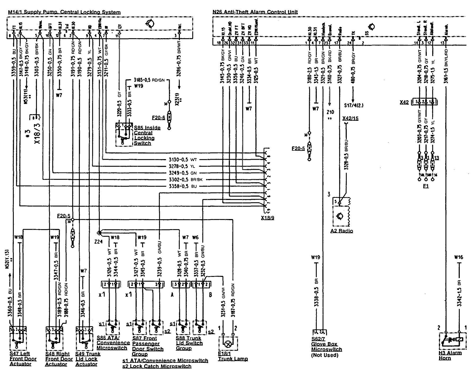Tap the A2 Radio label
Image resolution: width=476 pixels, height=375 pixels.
click(342, 231)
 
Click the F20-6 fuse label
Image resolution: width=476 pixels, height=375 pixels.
click(158, 117)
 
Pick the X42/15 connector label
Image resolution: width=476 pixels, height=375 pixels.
click(350, 118)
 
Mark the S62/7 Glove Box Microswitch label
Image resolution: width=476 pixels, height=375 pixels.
click(326, 347)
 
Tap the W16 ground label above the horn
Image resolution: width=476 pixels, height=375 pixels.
click(458, 257)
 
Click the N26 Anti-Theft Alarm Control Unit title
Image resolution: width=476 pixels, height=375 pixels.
click(255, 12)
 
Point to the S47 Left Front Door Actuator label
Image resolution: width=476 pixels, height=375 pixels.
click(23, 359)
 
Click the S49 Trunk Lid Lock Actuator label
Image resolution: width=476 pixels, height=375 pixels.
click(88, 359)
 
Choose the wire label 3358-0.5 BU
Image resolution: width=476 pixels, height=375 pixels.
click(183, 186)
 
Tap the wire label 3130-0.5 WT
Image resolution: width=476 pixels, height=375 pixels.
click(183, 160)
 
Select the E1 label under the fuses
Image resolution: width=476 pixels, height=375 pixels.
click(425, 186)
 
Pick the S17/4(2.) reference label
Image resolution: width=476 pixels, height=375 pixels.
click(354, 105)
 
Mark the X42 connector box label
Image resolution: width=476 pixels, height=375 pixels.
click(404, 102)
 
